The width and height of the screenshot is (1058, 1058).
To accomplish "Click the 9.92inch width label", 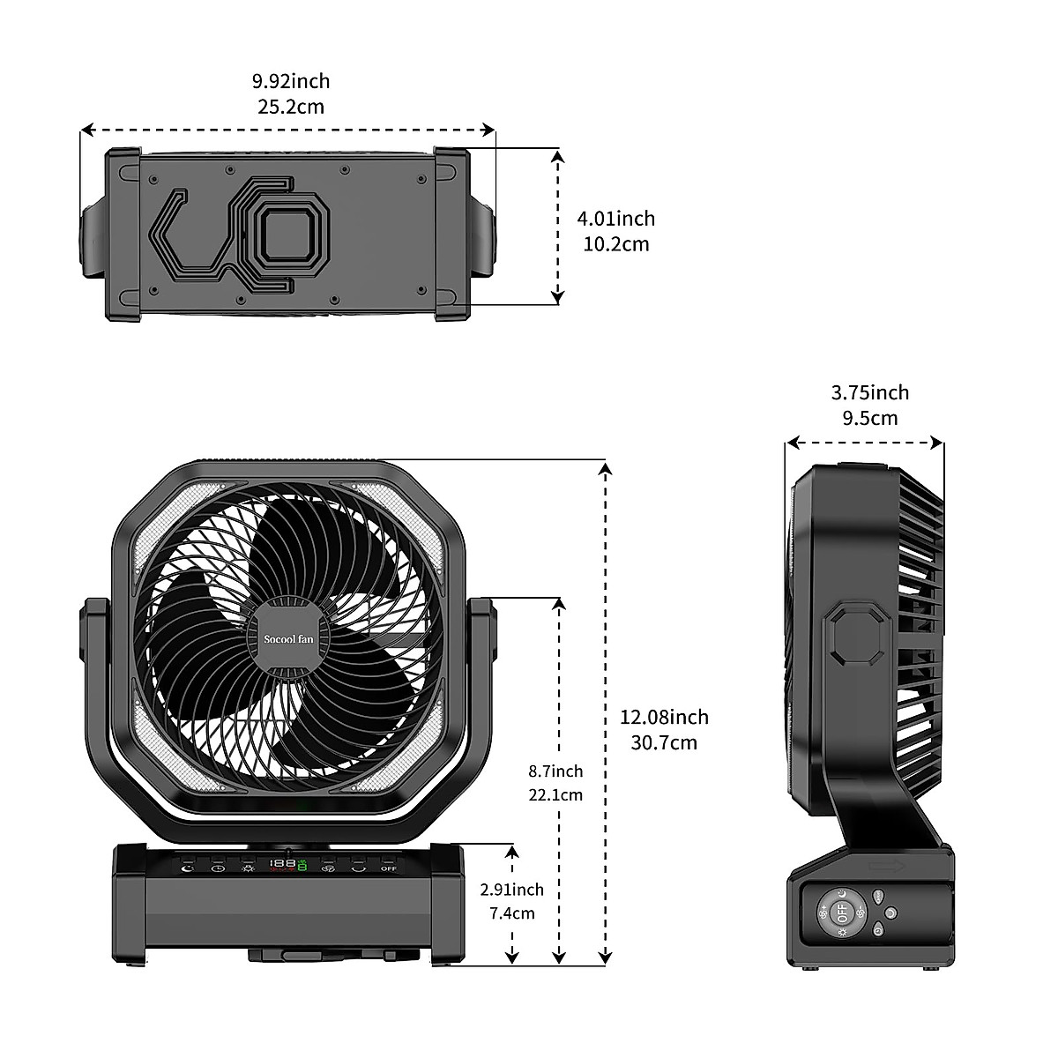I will (x=291, y=81).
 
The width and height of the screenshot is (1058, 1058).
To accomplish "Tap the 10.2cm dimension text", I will (x=615, y=243).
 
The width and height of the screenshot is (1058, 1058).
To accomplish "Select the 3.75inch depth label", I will (x=869, y=392).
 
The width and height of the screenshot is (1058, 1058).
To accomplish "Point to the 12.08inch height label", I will (x=664, y=717).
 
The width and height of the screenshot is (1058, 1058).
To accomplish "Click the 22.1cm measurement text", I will (x=555, y=794).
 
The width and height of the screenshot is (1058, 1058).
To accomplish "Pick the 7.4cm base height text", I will (x=512, y=913).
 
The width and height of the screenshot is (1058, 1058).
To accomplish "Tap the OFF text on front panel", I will (x=389, y=868).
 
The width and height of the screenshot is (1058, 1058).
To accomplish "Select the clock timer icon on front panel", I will (x=218, y=868).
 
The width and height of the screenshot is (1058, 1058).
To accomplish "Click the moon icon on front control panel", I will (x=187, y=868).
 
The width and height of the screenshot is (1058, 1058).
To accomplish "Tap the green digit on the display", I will (x=302, y=866).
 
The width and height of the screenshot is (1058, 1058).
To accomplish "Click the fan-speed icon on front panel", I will (x=328, y=868).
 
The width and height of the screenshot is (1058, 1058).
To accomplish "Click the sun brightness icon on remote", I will (x=842, y=932).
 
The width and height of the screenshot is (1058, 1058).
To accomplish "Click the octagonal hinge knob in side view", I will (x=853, y=634).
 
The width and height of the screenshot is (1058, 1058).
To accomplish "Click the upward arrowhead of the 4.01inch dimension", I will (x=557, y=155).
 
